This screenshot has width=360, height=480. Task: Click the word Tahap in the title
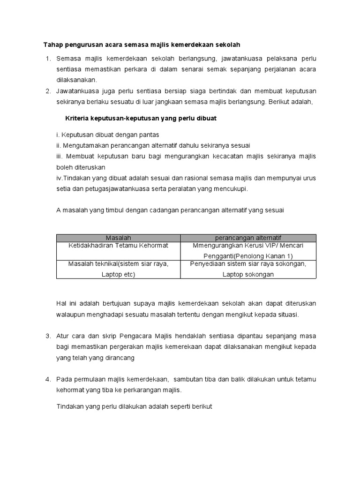(53, 45)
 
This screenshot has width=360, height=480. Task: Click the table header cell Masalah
(118, 238)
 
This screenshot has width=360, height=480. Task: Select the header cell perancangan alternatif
(248, 238)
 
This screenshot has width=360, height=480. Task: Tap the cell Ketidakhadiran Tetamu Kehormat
(118, 245)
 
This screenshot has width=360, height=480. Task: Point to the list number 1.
(47, 59)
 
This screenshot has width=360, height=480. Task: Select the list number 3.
(47, 336)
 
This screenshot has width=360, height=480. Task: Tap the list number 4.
(47, 378)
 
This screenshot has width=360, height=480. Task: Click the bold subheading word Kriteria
(76, 119)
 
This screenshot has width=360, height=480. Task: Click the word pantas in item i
(149, 135)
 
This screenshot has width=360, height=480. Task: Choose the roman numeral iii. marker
(60, 156)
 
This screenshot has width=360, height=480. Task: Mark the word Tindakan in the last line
(69, 406)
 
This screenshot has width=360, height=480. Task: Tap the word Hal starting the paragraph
(62, 304)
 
